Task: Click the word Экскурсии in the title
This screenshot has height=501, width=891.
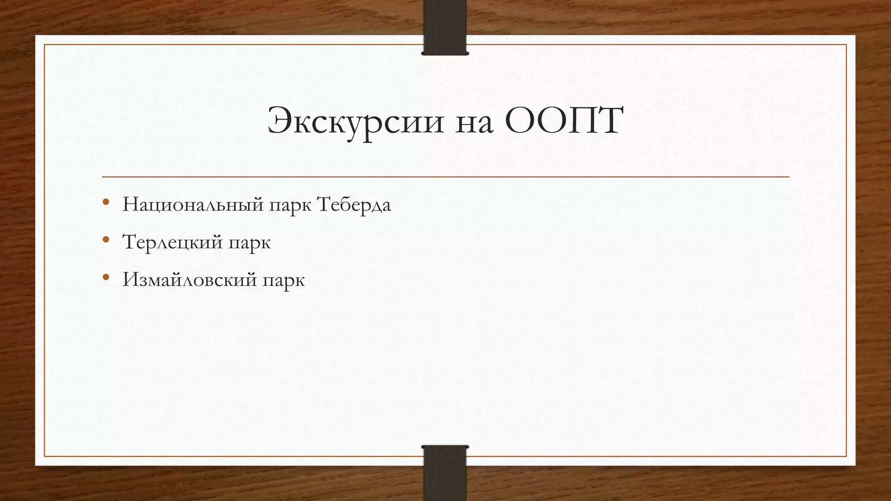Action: tap(355, 121)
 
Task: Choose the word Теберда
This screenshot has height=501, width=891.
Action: tap(354, 204)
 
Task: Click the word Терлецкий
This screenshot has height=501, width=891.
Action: tap(173, 242)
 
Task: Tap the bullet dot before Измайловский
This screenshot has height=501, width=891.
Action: tap(106, 277)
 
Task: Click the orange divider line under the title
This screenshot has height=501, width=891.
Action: tap(445, 177)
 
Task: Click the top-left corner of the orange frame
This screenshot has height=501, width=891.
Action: tap(45, 45)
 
